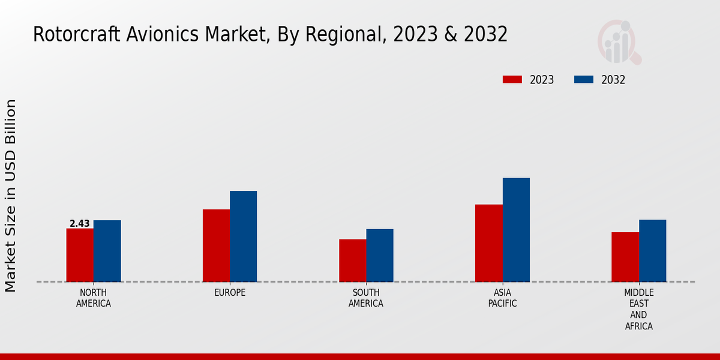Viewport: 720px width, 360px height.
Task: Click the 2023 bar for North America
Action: (80, 255)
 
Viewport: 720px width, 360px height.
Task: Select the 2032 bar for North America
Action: (107, 251)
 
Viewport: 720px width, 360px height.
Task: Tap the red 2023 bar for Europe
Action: (216, 245)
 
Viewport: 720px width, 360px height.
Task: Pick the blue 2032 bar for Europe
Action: (243, 236)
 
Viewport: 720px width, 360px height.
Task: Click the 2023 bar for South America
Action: (352, 260)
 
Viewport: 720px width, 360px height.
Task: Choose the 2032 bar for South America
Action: (380, 255)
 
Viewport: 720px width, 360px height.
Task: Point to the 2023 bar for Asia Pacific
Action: (488, 243)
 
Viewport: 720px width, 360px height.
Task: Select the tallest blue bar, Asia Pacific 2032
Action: (516, 230)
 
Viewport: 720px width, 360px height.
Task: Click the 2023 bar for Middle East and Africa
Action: (625, 257)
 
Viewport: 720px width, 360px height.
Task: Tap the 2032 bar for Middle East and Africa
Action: (652, 251)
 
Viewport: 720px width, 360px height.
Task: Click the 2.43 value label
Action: (80, 224)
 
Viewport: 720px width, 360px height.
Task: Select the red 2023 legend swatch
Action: (512, 80)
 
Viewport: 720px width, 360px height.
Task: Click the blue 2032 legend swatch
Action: (584, 80)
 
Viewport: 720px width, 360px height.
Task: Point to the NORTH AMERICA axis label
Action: (94, 298)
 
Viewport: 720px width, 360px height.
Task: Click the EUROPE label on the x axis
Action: (230, 293)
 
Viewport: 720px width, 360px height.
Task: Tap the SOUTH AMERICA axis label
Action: (366, 298)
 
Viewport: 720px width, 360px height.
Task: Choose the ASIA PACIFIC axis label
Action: (502, 298)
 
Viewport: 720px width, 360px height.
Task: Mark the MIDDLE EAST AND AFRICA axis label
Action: (638, 310)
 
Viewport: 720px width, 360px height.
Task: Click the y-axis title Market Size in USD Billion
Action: (11, 196)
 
